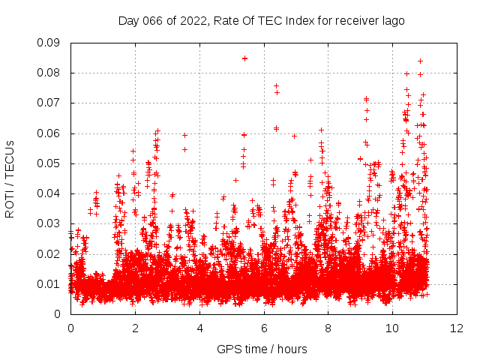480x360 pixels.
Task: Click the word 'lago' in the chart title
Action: [391, 21]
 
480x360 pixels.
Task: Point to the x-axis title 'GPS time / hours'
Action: [262, 349]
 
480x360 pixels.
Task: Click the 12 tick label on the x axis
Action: [457, 328]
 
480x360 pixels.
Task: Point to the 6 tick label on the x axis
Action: [263, 328]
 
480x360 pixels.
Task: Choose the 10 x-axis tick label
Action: [392, 328]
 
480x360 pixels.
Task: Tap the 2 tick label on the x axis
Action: [135, 328]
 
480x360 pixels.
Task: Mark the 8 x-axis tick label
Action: [328, 328]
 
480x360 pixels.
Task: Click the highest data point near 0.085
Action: [244, 58]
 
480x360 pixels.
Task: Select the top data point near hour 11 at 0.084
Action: [420, 61]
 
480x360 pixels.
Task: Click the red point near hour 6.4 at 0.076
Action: [276, 85]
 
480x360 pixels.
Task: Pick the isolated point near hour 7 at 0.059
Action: [294, 136]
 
